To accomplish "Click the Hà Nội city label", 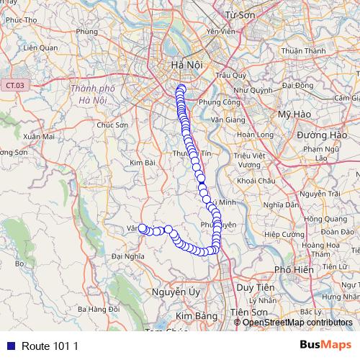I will coord(185,66).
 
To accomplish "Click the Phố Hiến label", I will coord(293,269).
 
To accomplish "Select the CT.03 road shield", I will coord(12,85).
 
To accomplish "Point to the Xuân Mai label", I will coord(39,135).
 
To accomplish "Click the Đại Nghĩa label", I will coord(129,255).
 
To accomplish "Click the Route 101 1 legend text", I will coord(50,346).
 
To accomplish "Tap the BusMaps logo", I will coord(326,345).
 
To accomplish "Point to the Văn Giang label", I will coord(226,120).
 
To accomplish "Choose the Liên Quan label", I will coord(40,48).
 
